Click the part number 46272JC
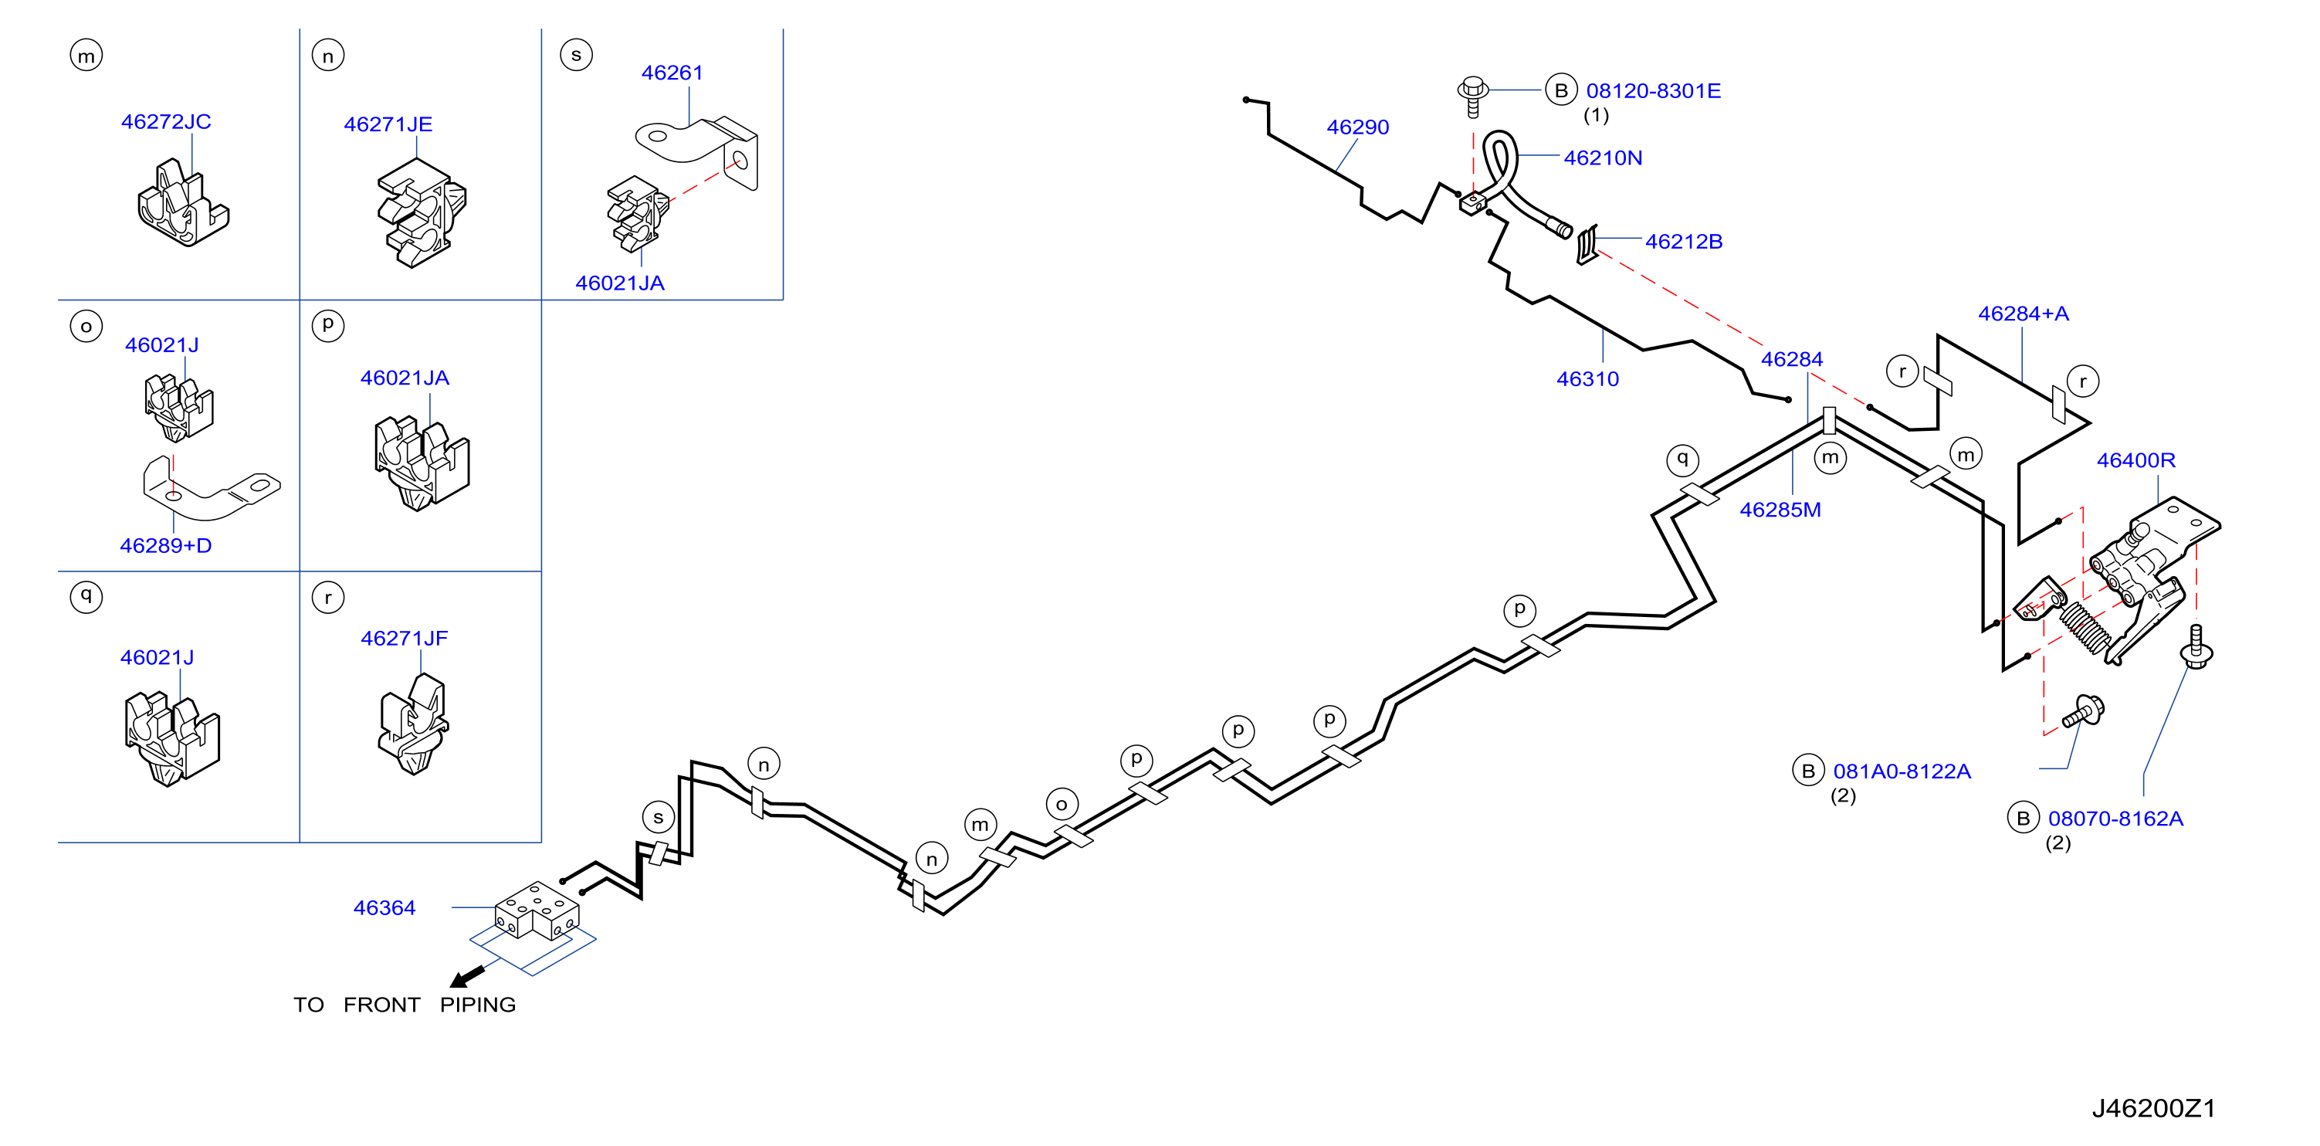pos(166,122)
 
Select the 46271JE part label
pos(388,124)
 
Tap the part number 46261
pos(672,73)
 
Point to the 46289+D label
pos(166,546)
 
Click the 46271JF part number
pos(405,639)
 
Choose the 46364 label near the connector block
pos(384,908)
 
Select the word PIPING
pos(477,1005)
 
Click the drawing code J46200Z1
pos(2153,1108)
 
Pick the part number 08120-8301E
pos(1654,91)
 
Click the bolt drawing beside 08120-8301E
pos(1472,97)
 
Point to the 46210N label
pos(1603,158)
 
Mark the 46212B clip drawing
pos(1587,244)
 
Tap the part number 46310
pos(1588,379)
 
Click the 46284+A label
pos(2024,314)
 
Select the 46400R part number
pos(2136,460)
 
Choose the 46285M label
pos(1780,510)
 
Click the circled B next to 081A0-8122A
pos(1807,771)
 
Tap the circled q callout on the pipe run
pos(1682,459)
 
